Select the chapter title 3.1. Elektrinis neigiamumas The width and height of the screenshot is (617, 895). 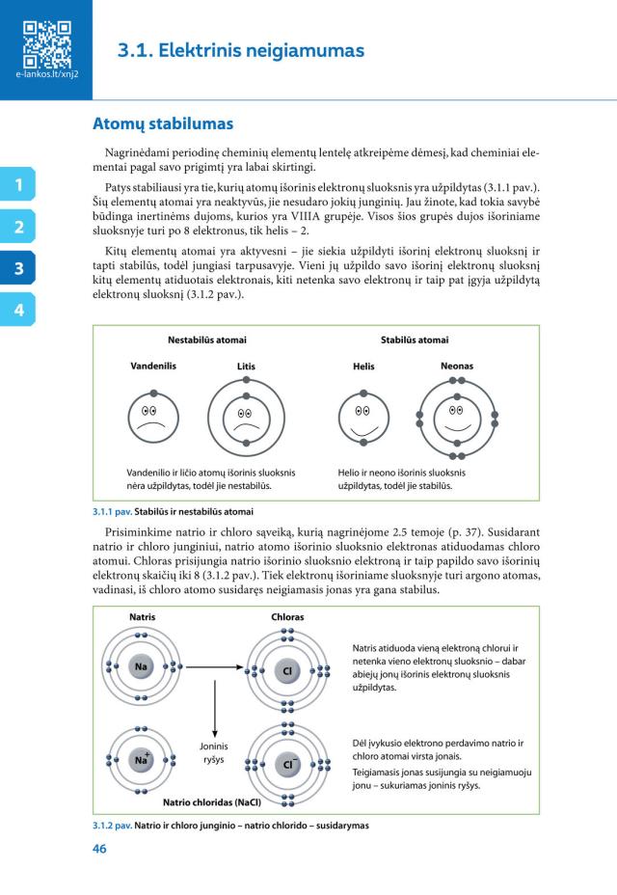coord(241,49)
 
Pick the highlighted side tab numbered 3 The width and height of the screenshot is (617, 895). coord(17,269)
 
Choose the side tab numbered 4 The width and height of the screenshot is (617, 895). coord(17,311)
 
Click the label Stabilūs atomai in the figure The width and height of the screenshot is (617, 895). coord(415,339)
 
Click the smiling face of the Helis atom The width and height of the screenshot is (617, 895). coord(362,416)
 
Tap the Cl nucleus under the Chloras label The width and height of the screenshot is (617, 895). coord(287,669)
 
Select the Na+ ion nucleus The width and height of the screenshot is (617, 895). coord(142,759)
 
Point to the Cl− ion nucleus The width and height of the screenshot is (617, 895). coord(287,764)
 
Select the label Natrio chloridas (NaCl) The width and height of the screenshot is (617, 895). coord(212,800)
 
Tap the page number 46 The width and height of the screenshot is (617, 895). coord(99,850)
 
